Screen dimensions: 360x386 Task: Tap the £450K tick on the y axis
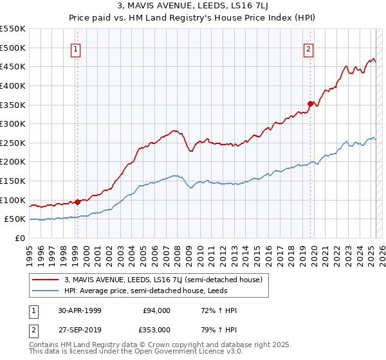[13, 66]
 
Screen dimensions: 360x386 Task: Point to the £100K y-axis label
[13, 200]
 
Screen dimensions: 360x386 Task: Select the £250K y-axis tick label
[13, 143]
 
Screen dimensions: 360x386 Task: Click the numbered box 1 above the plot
[76, 49]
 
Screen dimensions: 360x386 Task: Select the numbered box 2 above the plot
[309, 49]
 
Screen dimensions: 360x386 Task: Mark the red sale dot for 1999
[78, 202]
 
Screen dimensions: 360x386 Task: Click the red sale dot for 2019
[310, 103]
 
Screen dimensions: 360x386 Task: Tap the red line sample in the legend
[46, 280]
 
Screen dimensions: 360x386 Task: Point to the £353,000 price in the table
[156, 329]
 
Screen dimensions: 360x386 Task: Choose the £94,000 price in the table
[156, 310]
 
